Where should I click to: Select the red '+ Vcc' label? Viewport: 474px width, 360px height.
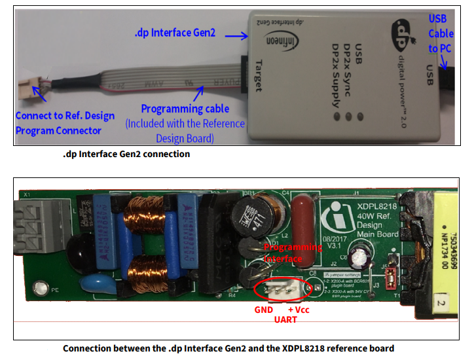pos(299,309)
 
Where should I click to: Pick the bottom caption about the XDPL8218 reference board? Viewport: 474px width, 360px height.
pos(228,348)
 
